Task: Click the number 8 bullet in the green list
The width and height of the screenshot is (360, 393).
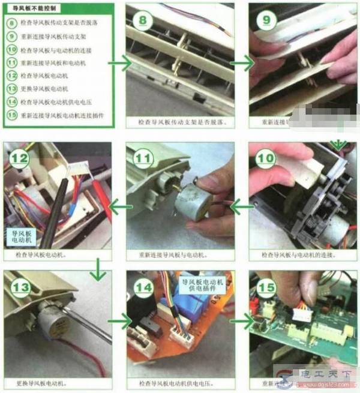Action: tap(11, 22)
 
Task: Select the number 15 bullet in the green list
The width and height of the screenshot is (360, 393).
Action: tap(11, 115)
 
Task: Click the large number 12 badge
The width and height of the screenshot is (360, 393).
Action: tap(19, 158)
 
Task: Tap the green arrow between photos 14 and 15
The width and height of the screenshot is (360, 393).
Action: tap(240, 322)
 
